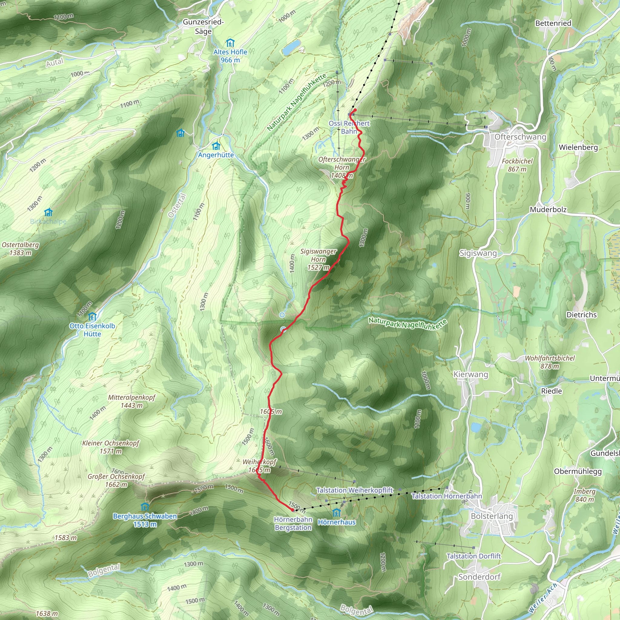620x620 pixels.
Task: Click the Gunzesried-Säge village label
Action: click(x=203, y=27)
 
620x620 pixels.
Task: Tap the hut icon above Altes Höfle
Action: click(x=230, y=43)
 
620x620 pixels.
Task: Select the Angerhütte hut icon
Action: click(x=216, y=146)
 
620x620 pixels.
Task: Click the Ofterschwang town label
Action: click(x=520, y=137)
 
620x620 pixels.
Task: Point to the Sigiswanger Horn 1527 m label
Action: click(x=318, y=259)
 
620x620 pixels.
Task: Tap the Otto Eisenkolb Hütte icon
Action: click(x=92, y=317)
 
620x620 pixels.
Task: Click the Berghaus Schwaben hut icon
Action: click(x=145, y=507)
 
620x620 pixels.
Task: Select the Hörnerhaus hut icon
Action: click(x=336, y=513)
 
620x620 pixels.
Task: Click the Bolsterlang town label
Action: click(x=492, y=516)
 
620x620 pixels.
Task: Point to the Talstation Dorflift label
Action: click(x=473, y=556)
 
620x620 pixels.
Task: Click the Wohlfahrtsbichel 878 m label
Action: click(x=550, y=362)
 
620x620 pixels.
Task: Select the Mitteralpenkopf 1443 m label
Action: click(x=132, y=401)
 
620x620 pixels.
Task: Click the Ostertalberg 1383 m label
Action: click(x=21, y=249)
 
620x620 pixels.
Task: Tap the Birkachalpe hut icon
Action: click(x=48, y=213)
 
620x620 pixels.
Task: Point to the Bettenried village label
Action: click(x=553, y=23)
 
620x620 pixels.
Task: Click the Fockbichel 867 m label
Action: click(x=517, y=165)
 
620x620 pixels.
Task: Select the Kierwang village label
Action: click(x=470, y=374)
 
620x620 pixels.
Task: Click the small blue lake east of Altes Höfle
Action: click(x=291, y=47)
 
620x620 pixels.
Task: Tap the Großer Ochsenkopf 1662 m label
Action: click(x=116, y=480)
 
